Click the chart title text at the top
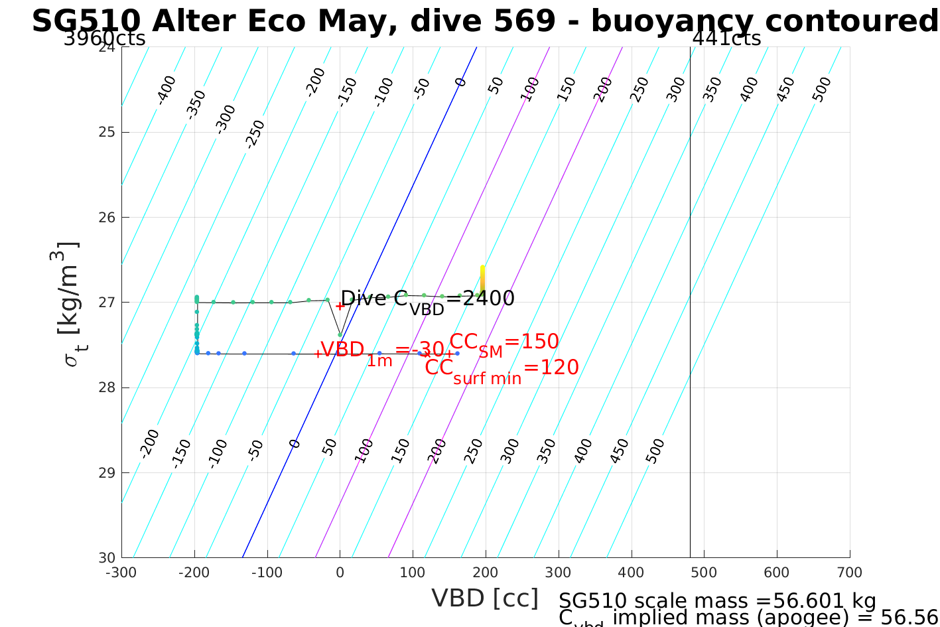pyautogui.click(x=484, y=21)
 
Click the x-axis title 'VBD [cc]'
pyautogui.click(x=485, y=598)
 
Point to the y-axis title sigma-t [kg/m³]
pyautogui.click(x=66, y=303)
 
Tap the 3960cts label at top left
pyautogui.click(x=104, y=38)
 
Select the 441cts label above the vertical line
pyautogui.click(x=726, y=38)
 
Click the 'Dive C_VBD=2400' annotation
pyautogui.click(x=427, y=299)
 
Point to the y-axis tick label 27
pyautogui.click(x=106, y=303)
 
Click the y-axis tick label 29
pyautogui.click(x=106, y=473)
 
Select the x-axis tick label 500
pyautogui.click(x=704, y=573)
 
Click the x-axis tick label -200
pyautogui.click(x=194, y=573)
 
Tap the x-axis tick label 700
pyautogui.click(x=850, y=573)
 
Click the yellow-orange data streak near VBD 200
pyautogui.click(x=482, y=279)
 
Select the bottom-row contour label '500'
pyautogui.click(x=654, y=451)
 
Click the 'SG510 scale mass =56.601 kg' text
pyautogui.click(x=717, y=601)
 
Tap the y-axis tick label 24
pyautogui.click(x=106, y=47)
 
